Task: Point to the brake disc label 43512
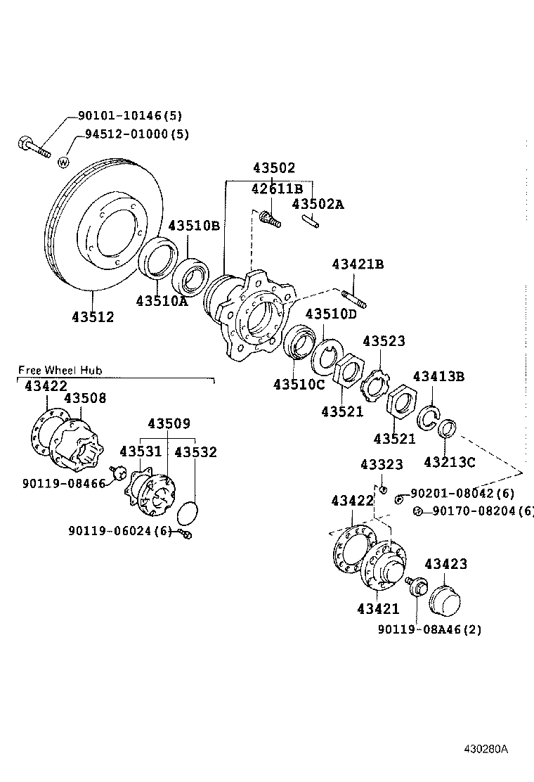[x=92, y=317]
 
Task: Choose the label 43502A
[x=318, y=205]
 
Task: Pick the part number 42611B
[x=277, y=188]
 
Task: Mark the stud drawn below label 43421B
[x=354, y=299]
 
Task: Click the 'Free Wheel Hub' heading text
[x=60, y=370]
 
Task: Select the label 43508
[x=85, y=398]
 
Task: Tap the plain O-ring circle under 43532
[x=187, y=513]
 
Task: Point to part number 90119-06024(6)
[x=120, y=531]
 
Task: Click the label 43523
[x=384, y=341]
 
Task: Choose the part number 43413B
[x=438, y=377]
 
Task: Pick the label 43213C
[x=450, y=462]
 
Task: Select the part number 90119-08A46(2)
[x=429, y=629]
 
